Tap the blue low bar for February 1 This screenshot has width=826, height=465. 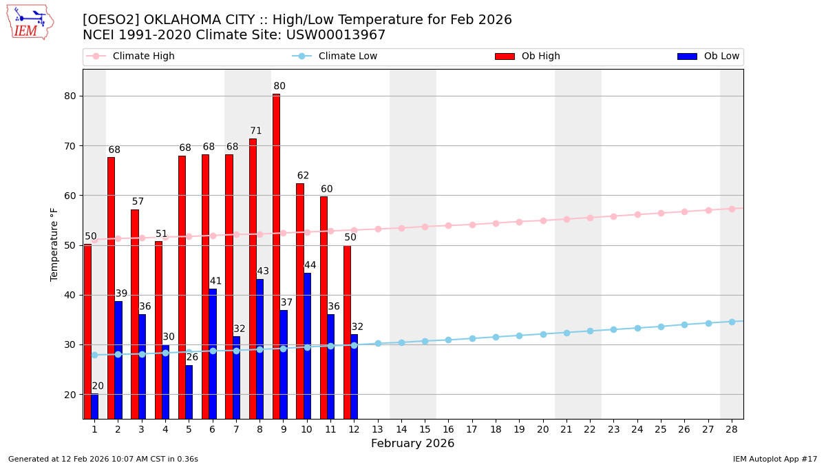(94, 406)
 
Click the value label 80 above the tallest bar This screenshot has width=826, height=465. (279, 87)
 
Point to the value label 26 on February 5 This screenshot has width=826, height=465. (192, 358)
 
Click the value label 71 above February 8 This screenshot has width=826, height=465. (256, 132)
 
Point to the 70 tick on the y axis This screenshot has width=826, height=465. (70, 146)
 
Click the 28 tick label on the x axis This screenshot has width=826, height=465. (732, 429)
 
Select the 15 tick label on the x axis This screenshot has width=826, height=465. (425, 429)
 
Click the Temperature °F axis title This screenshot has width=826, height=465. (54, 245)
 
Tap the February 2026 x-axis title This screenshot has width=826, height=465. (413, 444)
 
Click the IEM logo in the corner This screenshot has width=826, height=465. (30, 22)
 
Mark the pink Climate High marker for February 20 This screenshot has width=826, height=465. (543, 220)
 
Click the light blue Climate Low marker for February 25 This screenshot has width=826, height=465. (661, 327)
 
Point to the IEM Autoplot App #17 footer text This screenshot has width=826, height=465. (775, 459)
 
